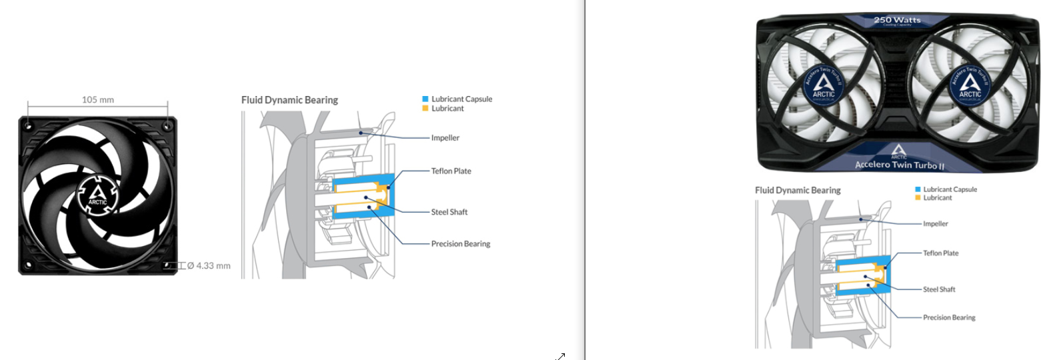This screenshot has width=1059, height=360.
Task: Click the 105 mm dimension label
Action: (x=98, y=100)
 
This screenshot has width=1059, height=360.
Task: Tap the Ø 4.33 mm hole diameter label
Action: (x=209, y=266)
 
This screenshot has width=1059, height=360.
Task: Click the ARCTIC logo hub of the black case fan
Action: (x=97, y=196)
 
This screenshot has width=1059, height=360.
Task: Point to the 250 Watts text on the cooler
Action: (x=897, y=20)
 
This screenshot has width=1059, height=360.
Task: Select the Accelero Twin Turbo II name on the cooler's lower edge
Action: (x=900, y=165)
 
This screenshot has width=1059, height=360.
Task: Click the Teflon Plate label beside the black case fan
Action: (x=451, y=171)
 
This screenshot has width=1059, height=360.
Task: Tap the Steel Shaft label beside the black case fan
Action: (x=449, y=212)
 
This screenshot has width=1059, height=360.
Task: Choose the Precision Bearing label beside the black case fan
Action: (x=460, y=244)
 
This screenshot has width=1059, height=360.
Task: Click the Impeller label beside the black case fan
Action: (x=445, y=138)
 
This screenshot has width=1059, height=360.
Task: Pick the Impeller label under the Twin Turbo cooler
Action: (x=935, y=224)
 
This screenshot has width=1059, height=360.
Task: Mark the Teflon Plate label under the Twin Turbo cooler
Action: (x=940, y=253)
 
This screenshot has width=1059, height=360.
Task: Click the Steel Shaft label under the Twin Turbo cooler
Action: (x=939, y=289)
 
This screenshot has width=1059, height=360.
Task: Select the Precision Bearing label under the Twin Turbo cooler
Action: (x=949, y=318)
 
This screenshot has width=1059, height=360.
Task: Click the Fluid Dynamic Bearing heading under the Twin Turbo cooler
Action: (x=798, y=191)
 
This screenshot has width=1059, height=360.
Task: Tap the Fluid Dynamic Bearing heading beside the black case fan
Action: (x=289, y=100)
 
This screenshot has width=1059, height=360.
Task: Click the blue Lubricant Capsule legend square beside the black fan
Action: (x=425, y=99)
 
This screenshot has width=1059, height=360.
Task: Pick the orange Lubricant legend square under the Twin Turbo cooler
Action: (x=918, y=198)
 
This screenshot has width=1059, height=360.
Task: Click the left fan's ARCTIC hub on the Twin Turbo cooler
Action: (x=824, y=85)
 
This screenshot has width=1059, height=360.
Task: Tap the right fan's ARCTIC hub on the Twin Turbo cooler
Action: (x=970, y=85)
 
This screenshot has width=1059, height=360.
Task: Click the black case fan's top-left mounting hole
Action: (x=28, y=125)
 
